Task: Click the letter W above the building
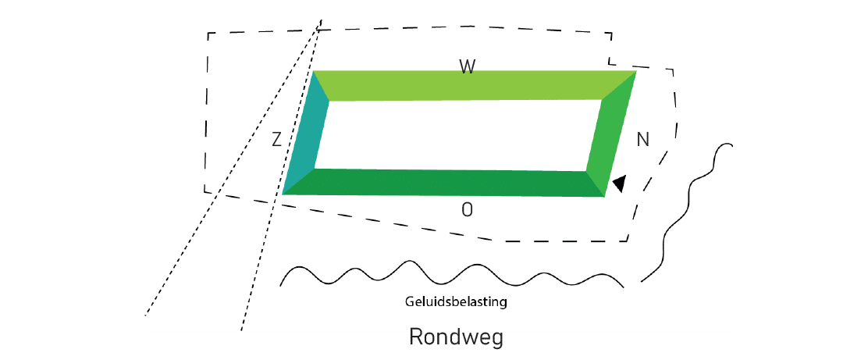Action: pyautogui.click(x=467, y=67)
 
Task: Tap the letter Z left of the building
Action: pyautogui.click(x=276, y=140)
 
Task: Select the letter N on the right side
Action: pyautogui.click(x=643, y=140)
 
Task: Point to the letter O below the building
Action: pyautogui.click(x=467, y=209)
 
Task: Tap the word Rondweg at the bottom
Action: pyautogui.click(x=456, y=338)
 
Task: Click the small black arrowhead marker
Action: pyautogui.click(x=619, y=184)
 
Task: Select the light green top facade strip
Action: pyautogui.click(x=468, y=85)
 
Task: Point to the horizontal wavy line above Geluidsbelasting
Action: pyautogui.click(x=453, y=273)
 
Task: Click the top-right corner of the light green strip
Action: pyautogui.click(x=635, y=71)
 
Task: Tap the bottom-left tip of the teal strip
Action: pyautogui.click(x=283, y=194)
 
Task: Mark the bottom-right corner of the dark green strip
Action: pyautogui.click(x=605, y=197)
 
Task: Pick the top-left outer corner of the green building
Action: pyautogui.click(x=315, y=71)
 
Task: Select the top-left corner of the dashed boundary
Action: pyautogui.click(x=208, y=34)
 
